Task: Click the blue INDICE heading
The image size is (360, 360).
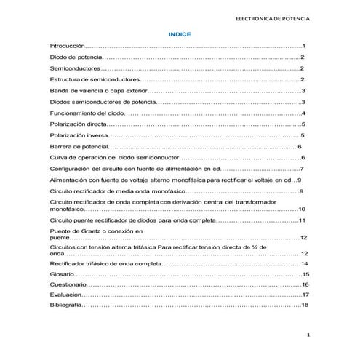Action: pyautogui.click(x=179, y=33)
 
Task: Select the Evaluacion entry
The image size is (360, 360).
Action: pyautogui.click(x=65, y=295)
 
